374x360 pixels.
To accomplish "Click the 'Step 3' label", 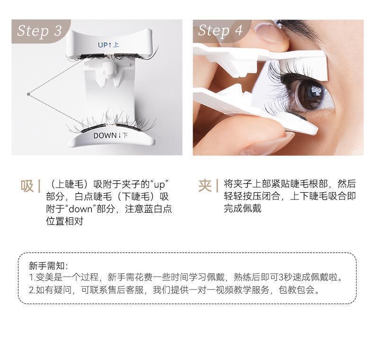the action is click(39, 31).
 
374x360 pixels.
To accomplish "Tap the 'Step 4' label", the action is click(220, 31).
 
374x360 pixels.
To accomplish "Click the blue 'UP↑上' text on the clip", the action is click(108, 45).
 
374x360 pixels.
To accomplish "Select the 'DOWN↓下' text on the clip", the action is click(110, 135).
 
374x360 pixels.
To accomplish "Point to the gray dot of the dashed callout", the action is click(28, 94).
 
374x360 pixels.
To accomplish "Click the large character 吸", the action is click(27, 186).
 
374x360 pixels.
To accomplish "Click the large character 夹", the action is click(205, 186).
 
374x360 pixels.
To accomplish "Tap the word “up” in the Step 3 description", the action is click(160, 185).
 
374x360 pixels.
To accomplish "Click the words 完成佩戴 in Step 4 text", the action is click(242, 208).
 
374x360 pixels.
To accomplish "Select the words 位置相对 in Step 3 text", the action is click(65, 221).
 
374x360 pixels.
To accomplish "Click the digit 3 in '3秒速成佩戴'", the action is click(281, 278).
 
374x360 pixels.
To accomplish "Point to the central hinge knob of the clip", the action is click(110, 68).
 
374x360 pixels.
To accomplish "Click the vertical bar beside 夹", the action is click(217, 186).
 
